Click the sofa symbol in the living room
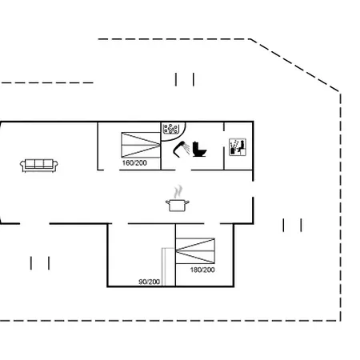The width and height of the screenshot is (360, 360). tap(39, 166)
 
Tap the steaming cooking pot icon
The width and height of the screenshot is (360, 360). tap(178, 199)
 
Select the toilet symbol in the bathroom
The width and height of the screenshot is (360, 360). tap(199, 149)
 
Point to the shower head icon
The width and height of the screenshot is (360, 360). tap(182, 148)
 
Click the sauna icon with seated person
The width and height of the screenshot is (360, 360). tap(238, 147)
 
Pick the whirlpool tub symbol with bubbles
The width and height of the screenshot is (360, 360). tap(170, 129)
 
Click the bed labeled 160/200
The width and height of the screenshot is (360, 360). tap(141, 145)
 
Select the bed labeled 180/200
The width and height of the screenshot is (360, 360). tap(195, 251)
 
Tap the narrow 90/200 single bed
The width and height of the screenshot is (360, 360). tap(168, 267)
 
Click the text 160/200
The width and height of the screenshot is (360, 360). tap(134, 163)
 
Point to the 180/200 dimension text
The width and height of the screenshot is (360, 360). tap(202, 270)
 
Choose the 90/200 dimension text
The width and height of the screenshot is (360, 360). tap(150, 282)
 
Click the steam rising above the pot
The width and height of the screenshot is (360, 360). tap(178, 192)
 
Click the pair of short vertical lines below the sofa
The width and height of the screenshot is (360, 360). tap(40, 263)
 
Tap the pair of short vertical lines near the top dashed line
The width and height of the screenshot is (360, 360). tap(185, 79)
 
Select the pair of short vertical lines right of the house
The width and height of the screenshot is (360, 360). tap(292, 226)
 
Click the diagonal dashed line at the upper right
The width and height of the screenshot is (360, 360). tap(294, 66)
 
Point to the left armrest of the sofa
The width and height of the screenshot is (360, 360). tap(22, 165)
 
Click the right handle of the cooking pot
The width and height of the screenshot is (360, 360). tap(187, 202)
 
